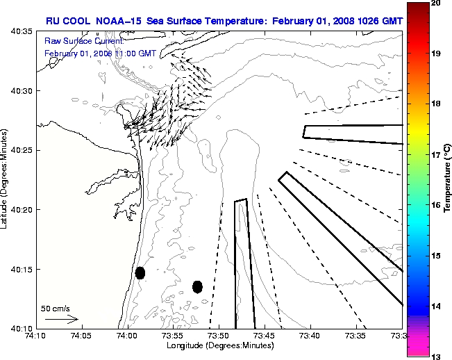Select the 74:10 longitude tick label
(x=35, y=335)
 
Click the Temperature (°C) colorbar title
(x=448, y=179)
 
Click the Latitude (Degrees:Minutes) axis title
(x=6, y=179)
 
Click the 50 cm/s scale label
(x=55, y=308)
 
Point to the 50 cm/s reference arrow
(x=61, y=319)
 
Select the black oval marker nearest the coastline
(x=140, y=272)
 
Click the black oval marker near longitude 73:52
(x=197, y=286)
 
